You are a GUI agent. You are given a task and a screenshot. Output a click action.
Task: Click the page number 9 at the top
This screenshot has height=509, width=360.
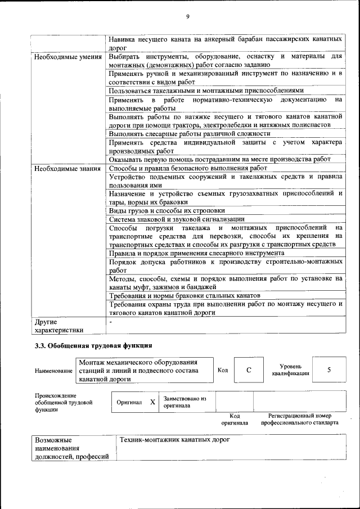pyautogui.click(x=187, y=16)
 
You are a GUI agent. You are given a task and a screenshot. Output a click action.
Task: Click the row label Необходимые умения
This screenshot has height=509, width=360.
pyautogui.click(x=67, y=57)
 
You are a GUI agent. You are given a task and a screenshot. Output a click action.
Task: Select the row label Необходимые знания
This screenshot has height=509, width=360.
pyautogui.click(x=67, y=168)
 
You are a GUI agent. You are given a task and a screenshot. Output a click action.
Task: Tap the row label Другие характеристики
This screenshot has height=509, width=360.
pyautogui.click(x=58, y=326)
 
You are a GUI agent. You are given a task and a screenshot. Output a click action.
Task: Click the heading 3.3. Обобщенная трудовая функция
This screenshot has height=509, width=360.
pyautogui.click(x=93, y=345)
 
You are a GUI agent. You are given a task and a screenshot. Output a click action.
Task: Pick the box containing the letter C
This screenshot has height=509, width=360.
pyautogui.click(x=248, y=370)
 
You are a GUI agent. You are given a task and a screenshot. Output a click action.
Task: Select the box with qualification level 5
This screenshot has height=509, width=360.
pyautogui.click(x=328, y=370)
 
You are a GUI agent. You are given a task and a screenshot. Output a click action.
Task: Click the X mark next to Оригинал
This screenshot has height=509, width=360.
pyautogui.click(x=152, y=402)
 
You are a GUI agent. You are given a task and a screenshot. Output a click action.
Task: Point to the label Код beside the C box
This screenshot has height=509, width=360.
pyautogui.click(x=223, y=370)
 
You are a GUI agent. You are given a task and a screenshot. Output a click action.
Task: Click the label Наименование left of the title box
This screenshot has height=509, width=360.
pyautogui.click(x=53, y=371)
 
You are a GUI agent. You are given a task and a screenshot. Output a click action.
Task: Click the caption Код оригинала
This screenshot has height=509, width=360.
pyautogui.click(x=235, y=419)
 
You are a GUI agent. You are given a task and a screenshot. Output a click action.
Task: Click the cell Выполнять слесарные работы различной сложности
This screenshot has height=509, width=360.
pyautogui.click(x=190, y=133)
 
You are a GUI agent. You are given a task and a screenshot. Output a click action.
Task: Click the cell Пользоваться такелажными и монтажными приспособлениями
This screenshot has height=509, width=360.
pyautogui.click(x=206, y=90)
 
